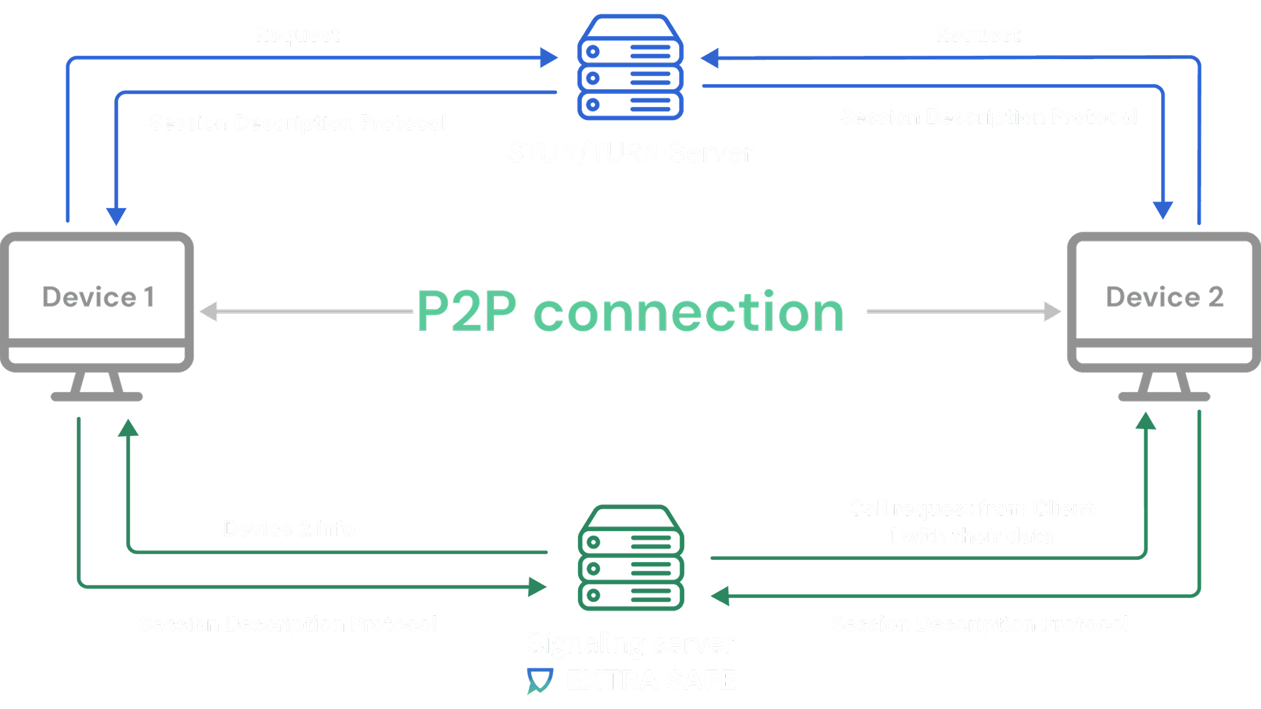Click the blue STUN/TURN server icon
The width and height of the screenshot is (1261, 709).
coord(630,68)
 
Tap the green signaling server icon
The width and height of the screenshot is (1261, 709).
coord(630,557)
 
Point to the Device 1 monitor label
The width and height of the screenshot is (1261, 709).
coord(98,297)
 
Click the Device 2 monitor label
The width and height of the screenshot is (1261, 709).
coord(1164,297)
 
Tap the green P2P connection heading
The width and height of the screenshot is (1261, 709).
coord(630,312)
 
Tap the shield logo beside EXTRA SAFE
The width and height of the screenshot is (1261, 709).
coord(540,681)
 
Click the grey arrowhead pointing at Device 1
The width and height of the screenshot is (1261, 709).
coord(208,312)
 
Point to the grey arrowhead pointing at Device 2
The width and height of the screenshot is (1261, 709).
coord(1053,312)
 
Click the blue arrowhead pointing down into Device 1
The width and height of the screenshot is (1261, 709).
coord(116,216)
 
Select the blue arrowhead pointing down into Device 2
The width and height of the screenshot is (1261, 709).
coord(1163,209)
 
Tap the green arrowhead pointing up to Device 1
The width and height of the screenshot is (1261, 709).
coord(128,429)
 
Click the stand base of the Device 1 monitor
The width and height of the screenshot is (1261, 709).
coord(97,397)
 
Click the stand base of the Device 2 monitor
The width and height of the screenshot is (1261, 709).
coord(1164,397)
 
